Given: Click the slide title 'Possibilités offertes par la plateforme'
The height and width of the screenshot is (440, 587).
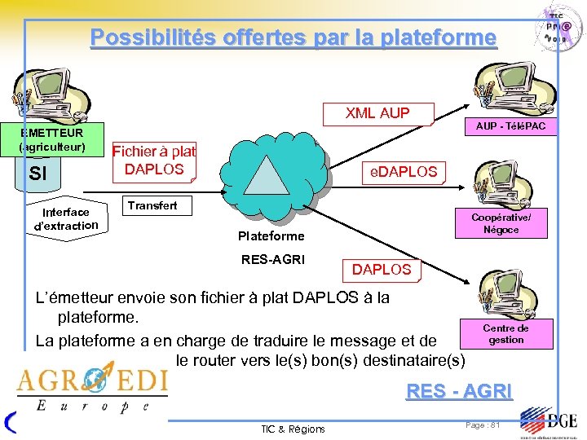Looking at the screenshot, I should click(x=293, y=37).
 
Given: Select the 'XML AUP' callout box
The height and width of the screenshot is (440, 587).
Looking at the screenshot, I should click(x=377, y=113).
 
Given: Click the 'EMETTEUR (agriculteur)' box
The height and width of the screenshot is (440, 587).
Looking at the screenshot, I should click(x=52, y=139).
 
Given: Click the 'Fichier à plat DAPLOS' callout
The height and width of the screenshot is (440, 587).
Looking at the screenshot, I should click(x=154, y=161).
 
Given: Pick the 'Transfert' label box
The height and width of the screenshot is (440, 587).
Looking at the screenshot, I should click(x=152, y=205).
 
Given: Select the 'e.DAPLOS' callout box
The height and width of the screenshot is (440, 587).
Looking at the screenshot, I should click(x=404, y=172).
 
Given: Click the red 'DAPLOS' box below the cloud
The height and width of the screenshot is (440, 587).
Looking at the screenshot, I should click(x=382, y=269).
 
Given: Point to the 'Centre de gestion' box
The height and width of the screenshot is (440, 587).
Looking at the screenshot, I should click(x=505, y=333).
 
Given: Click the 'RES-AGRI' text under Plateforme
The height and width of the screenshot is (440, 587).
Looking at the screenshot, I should click(x=272, y=260).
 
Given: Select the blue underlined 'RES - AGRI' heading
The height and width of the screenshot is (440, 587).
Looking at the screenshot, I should click(x=459, y=392).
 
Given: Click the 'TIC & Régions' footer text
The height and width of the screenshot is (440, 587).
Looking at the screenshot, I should click(x=293, y=429).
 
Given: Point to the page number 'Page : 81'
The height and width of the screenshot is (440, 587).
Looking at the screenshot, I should click(x=483, y=425).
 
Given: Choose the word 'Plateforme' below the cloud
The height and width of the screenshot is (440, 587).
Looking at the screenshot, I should click(x=271, y=236).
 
